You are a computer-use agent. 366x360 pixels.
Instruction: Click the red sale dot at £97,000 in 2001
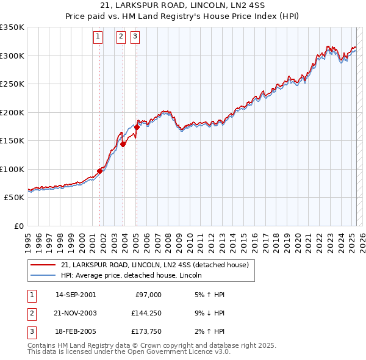tap(99, 171)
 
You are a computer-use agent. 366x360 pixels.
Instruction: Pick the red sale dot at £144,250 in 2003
tap(123, 144)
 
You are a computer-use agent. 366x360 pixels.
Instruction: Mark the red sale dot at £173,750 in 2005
tap(137, 127)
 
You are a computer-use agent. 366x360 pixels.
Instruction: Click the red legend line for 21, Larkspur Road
tap(43, 265)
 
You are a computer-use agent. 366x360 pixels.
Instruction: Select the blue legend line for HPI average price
tap(43, 275)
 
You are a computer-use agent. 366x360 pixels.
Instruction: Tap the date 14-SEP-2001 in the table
tap(76, 294)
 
